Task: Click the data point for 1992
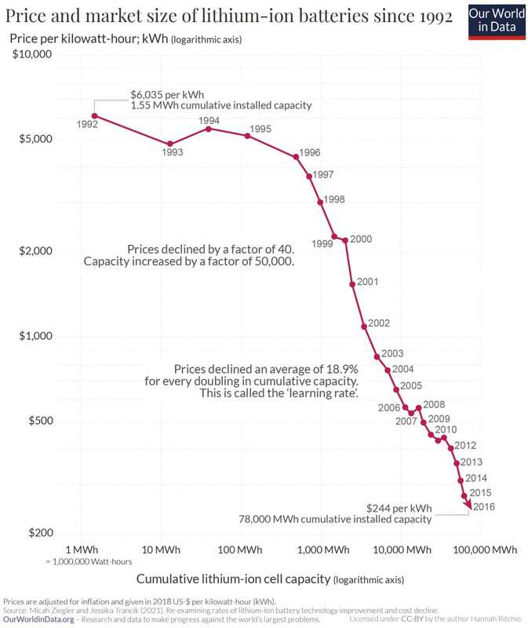click(x=94, y=116)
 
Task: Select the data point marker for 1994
click(x=208, y=128)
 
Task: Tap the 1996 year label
click(x=310, y=152)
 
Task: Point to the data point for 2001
click(x=352, y=283)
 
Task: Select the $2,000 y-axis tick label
click(x=35, y=251)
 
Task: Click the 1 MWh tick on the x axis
click(x=81, y=549)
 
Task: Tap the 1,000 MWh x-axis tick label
click(x=321, y=549)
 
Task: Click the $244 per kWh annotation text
click(x=399, y=507)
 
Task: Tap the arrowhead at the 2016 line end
click(x=469, y=508)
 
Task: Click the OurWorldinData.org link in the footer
click(x=39, y=619)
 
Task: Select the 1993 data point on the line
click(x=169, y=144)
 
